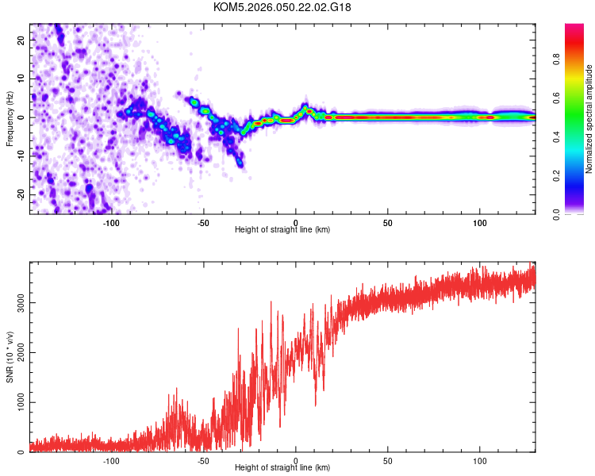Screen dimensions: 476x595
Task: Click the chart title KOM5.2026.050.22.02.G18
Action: tap(282, 7)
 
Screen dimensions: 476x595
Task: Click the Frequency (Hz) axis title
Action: tap(10, 118)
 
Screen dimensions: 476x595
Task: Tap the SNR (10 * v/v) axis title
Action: tap(10, 357)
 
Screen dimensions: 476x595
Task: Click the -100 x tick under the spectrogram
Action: tap(111, 223)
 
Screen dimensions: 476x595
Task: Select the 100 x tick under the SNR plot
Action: tap(480, 461)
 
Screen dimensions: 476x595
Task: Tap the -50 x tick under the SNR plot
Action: tap(204, 461)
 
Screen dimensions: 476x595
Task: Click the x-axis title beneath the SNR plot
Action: tap(282, 469)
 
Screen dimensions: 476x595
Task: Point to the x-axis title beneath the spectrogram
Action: tap(282, 230)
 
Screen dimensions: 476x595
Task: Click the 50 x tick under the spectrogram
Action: tap(388, 223)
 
